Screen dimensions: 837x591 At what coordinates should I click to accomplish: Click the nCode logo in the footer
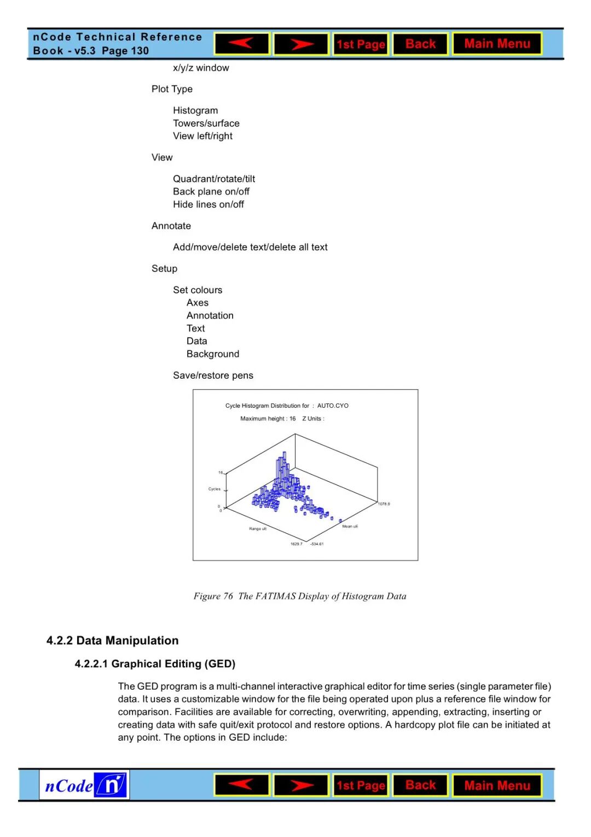pos(84,786)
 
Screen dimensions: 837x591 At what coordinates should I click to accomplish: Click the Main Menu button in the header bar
pos(497,44)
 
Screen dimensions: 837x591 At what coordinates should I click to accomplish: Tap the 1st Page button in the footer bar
pos(361,786)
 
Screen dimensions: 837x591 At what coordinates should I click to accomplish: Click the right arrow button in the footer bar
pos(301,786)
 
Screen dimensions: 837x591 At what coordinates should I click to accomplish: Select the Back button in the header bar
pos(420,44)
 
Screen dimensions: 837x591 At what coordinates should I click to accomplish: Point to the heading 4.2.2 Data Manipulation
pos(112,640)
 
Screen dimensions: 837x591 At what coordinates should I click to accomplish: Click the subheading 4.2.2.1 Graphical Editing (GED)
pos(155,663)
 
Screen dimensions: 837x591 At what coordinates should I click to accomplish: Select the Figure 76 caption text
pos(300,596)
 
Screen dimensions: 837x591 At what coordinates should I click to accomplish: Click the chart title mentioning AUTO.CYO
pos(287,406)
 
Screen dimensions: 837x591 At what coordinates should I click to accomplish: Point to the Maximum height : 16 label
pos(268,419)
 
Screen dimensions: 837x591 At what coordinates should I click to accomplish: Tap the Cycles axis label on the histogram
pos(215,489)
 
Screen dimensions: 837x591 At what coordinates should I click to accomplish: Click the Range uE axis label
pos(258,529)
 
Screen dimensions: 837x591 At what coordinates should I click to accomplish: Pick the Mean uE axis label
pos(350,526)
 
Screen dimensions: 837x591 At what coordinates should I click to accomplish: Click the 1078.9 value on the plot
pos(384,504)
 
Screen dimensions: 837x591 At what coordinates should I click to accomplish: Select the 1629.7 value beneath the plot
pos(296,544)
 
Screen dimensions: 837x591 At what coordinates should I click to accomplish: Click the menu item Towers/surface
pos(206,123)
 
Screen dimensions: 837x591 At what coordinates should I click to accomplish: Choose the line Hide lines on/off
pos(208,204)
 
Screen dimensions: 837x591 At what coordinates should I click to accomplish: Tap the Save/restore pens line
pos(213,376)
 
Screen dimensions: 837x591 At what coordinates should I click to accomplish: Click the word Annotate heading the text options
pos(171,226)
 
